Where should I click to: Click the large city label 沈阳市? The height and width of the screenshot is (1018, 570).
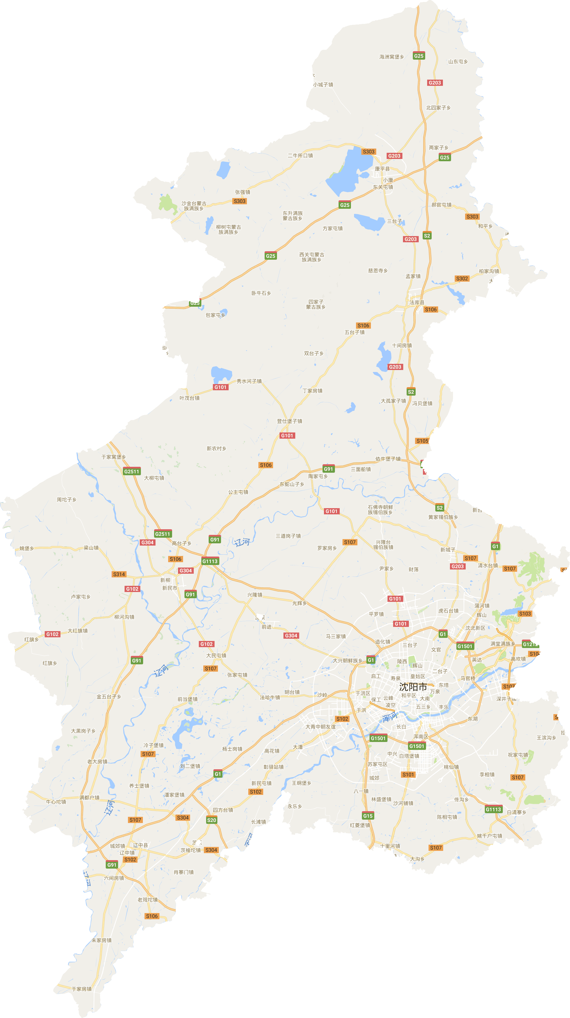[x=413, y=687]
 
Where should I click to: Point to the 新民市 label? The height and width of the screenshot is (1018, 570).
[x=170, y=588]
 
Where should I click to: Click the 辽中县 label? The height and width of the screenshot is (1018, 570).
[x=140, y=845]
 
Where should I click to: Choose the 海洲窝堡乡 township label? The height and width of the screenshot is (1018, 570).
[x=391, y=57]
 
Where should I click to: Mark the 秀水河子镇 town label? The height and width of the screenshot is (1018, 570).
[x=249, y=381]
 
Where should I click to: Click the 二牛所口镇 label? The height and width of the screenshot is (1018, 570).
[x=300, y=156]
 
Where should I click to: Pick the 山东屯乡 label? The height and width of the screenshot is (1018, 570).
[x=458, y=62]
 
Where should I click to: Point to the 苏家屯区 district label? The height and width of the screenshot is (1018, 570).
[x=377, y=764]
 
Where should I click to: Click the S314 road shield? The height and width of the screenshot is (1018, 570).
[x=119, y=574]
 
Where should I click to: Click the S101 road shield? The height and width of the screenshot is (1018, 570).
[x=408, y=775]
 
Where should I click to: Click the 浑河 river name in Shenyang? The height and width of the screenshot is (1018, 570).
[x=389, y=717]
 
